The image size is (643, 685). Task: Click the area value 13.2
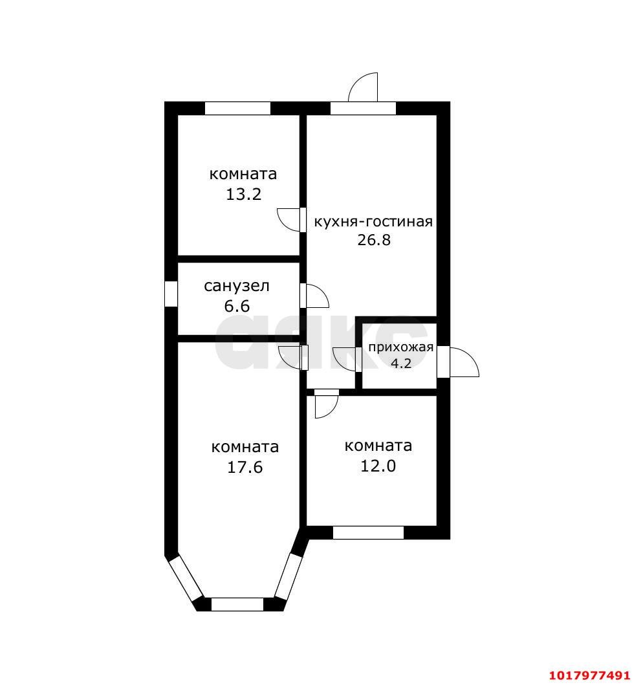pos(243,194)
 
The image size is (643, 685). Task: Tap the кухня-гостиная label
pos(373,221)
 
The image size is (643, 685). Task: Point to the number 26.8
pos(374,240)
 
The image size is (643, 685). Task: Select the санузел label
pos(237,286)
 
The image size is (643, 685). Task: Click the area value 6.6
pos(237,306)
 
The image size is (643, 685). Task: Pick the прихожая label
pos(400,347)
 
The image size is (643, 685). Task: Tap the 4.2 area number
pos(401,363)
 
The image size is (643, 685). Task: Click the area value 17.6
pos(245,467)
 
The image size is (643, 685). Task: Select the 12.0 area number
pos(378,466)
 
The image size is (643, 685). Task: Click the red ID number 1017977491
pos(590,675)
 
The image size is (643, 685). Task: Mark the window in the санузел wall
pos(171,294)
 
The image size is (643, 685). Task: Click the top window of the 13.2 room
pos(237,108)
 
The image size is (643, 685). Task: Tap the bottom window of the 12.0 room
pos(368,532)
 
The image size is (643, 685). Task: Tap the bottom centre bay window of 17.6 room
pos(237,604)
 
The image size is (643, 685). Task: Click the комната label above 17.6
pos(245,447)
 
